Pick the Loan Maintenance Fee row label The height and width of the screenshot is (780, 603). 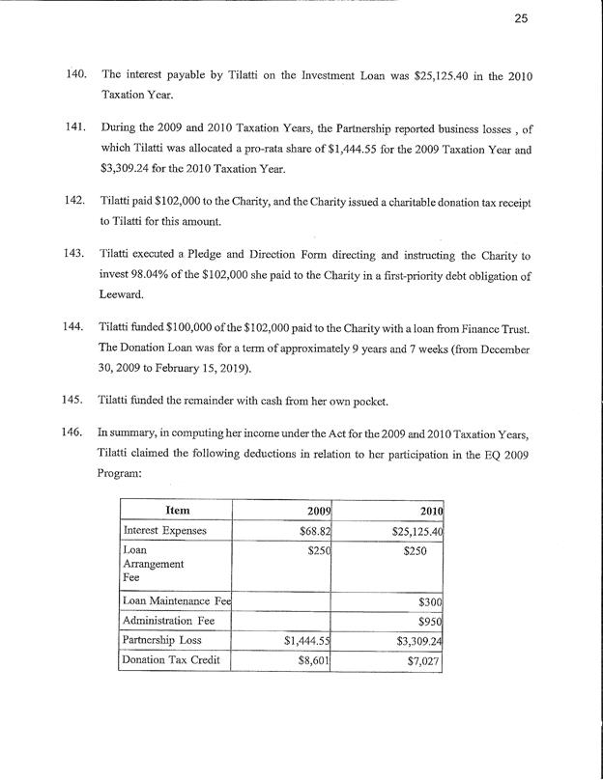click(177, 601)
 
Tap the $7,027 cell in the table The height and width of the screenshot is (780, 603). click(426, 661)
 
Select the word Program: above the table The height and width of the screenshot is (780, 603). click(127, 474)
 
